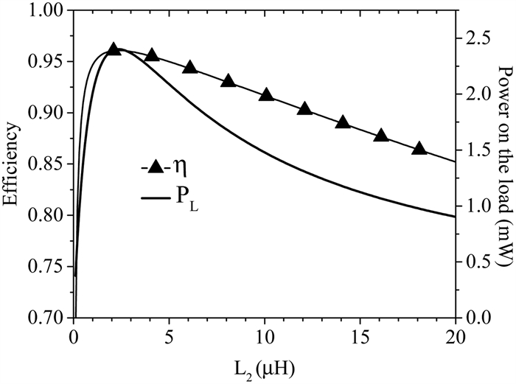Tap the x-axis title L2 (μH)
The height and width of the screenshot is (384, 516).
(265, 366)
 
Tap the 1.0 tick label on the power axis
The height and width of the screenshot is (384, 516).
(475, 206)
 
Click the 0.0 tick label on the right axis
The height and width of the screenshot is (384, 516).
(475, 318)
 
